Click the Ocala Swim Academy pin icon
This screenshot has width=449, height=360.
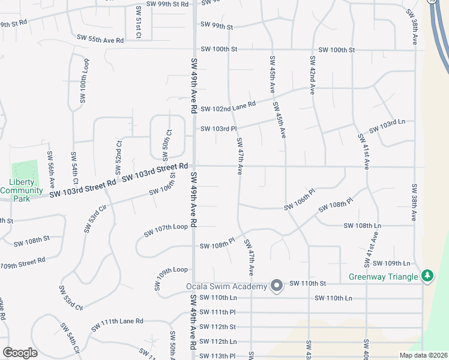[x=277, y=285]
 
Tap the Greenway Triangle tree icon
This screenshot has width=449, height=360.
[x=427, y=275]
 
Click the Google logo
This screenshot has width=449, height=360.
[x=20, y=353]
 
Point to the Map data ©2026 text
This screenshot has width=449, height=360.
[x=423, y=355]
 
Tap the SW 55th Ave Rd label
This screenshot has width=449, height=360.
[x=100, y=39]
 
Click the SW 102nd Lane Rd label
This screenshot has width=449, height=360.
[x=229, y=107]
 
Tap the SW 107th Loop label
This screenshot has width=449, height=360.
[x=166, y=230]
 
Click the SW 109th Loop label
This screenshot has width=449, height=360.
[x=172, y=278]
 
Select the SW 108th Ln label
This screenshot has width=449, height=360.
[x=362, y=226]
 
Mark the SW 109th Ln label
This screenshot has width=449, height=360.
[x=391, y=263]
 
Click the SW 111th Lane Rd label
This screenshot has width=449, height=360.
[x=118, y=326]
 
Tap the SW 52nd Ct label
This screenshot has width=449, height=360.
[x=119, y=155]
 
